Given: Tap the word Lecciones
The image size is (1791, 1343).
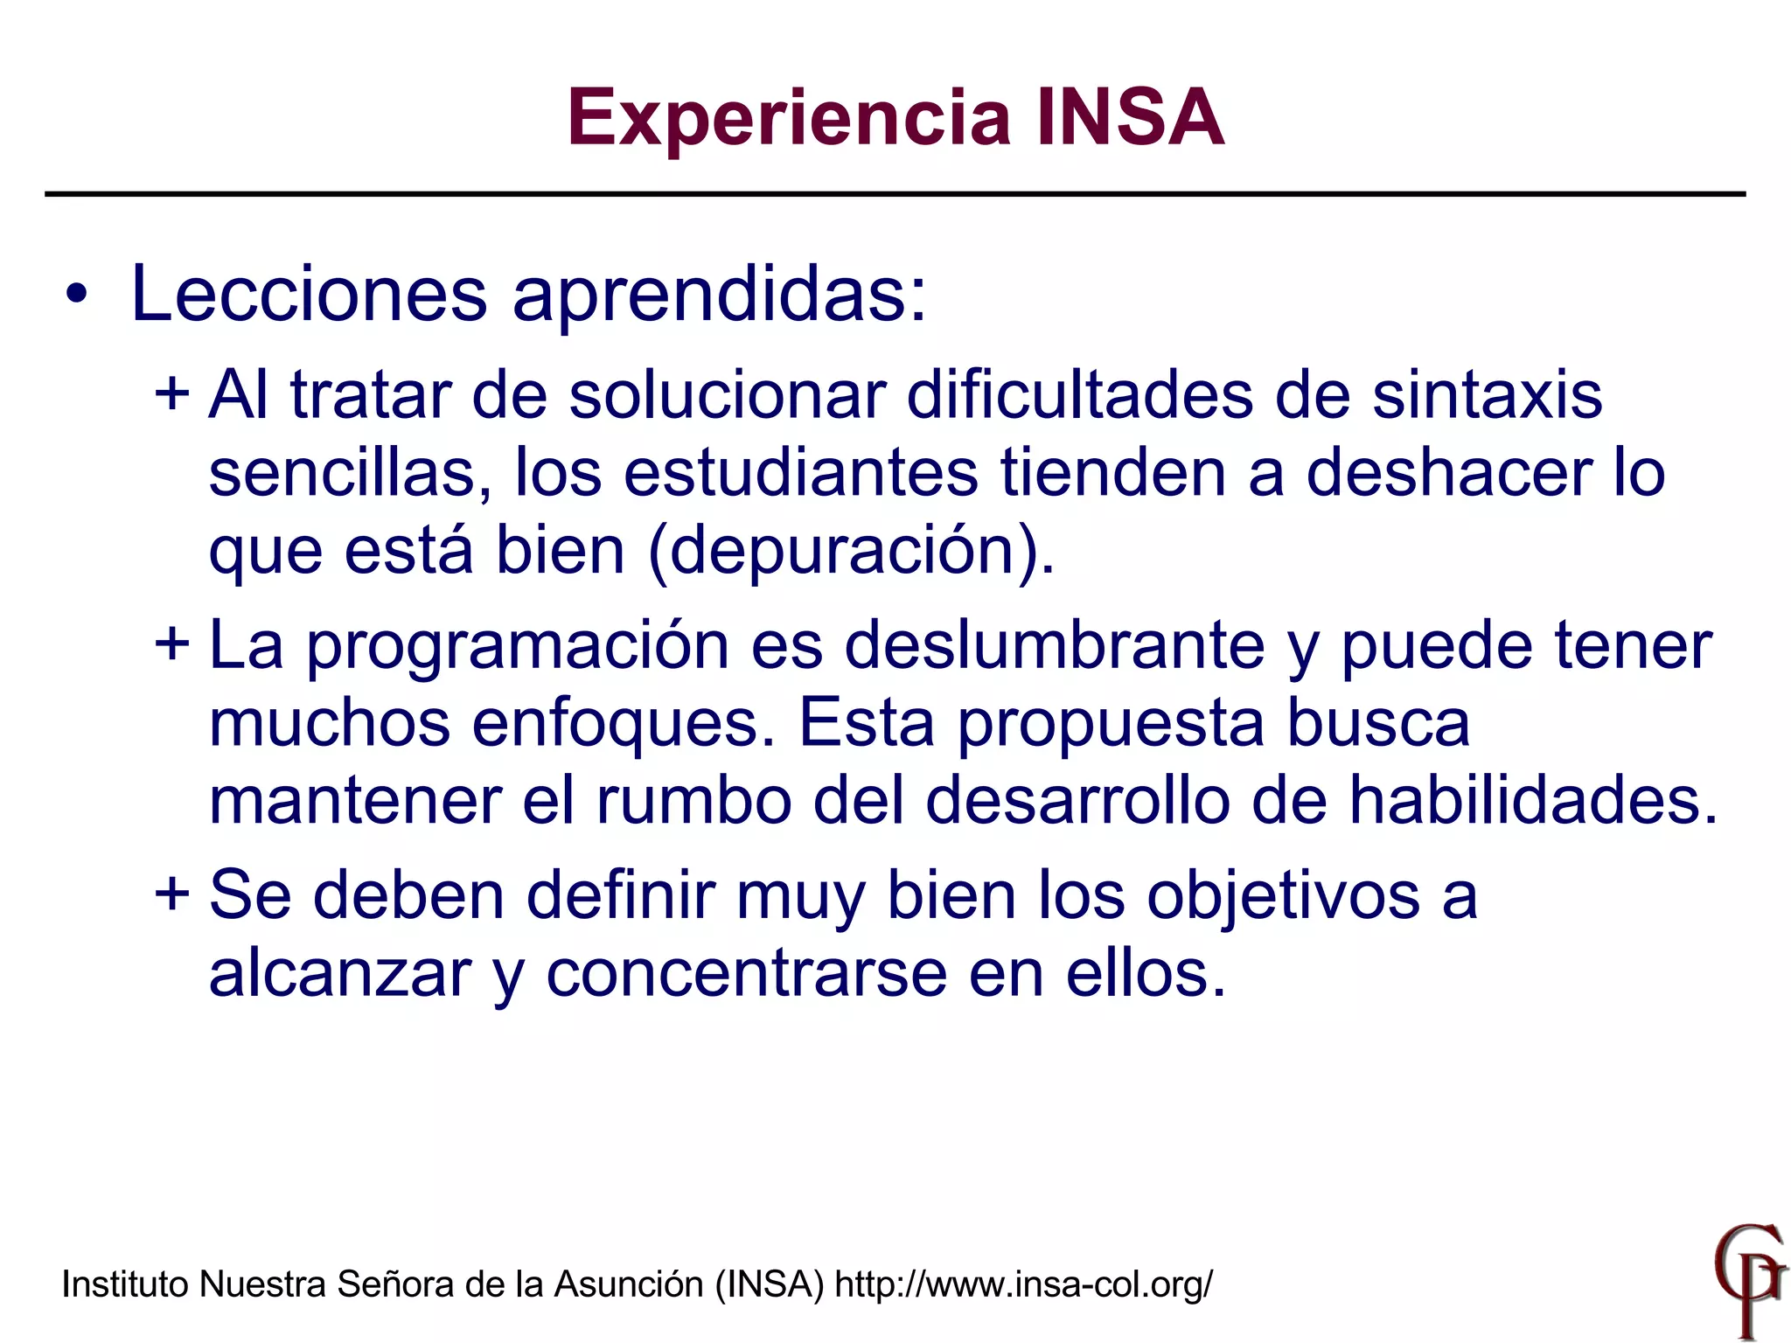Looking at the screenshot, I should click(x=308, y=295).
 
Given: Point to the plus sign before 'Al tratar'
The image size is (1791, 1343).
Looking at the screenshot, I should click(x=171, y=393).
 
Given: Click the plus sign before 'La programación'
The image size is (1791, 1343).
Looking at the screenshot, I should click(x=171, y=644).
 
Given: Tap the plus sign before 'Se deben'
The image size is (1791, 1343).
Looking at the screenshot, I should click(x=171, y=894).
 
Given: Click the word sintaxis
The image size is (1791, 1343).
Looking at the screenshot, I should click(x=1487, y=395).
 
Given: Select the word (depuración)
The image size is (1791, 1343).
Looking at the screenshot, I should click(x=851, y=551).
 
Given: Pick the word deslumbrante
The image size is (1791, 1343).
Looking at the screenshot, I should click(x=1055, y=646).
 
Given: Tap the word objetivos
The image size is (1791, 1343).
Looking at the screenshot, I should click(x=1283, y=896).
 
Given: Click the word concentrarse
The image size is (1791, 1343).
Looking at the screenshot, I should click(x=747, y=973).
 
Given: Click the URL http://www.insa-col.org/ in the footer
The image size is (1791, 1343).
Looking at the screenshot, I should click(x=1024, y=1284).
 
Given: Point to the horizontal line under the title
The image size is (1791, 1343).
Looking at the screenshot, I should click(x=895, y=193).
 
